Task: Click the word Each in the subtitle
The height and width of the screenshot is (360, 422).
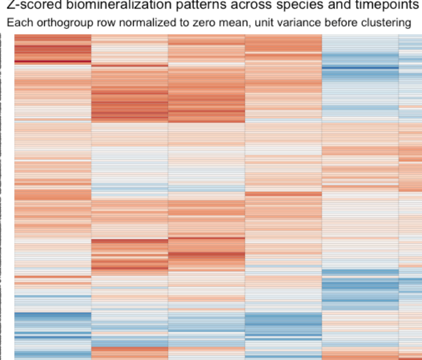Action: coord(18,24)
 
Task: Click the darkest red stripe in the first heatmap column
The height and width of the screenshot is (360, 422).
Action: coord(52,61)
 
